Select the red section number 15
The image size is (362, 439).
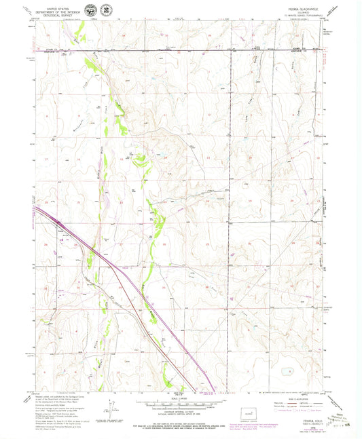coord(165,159)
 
